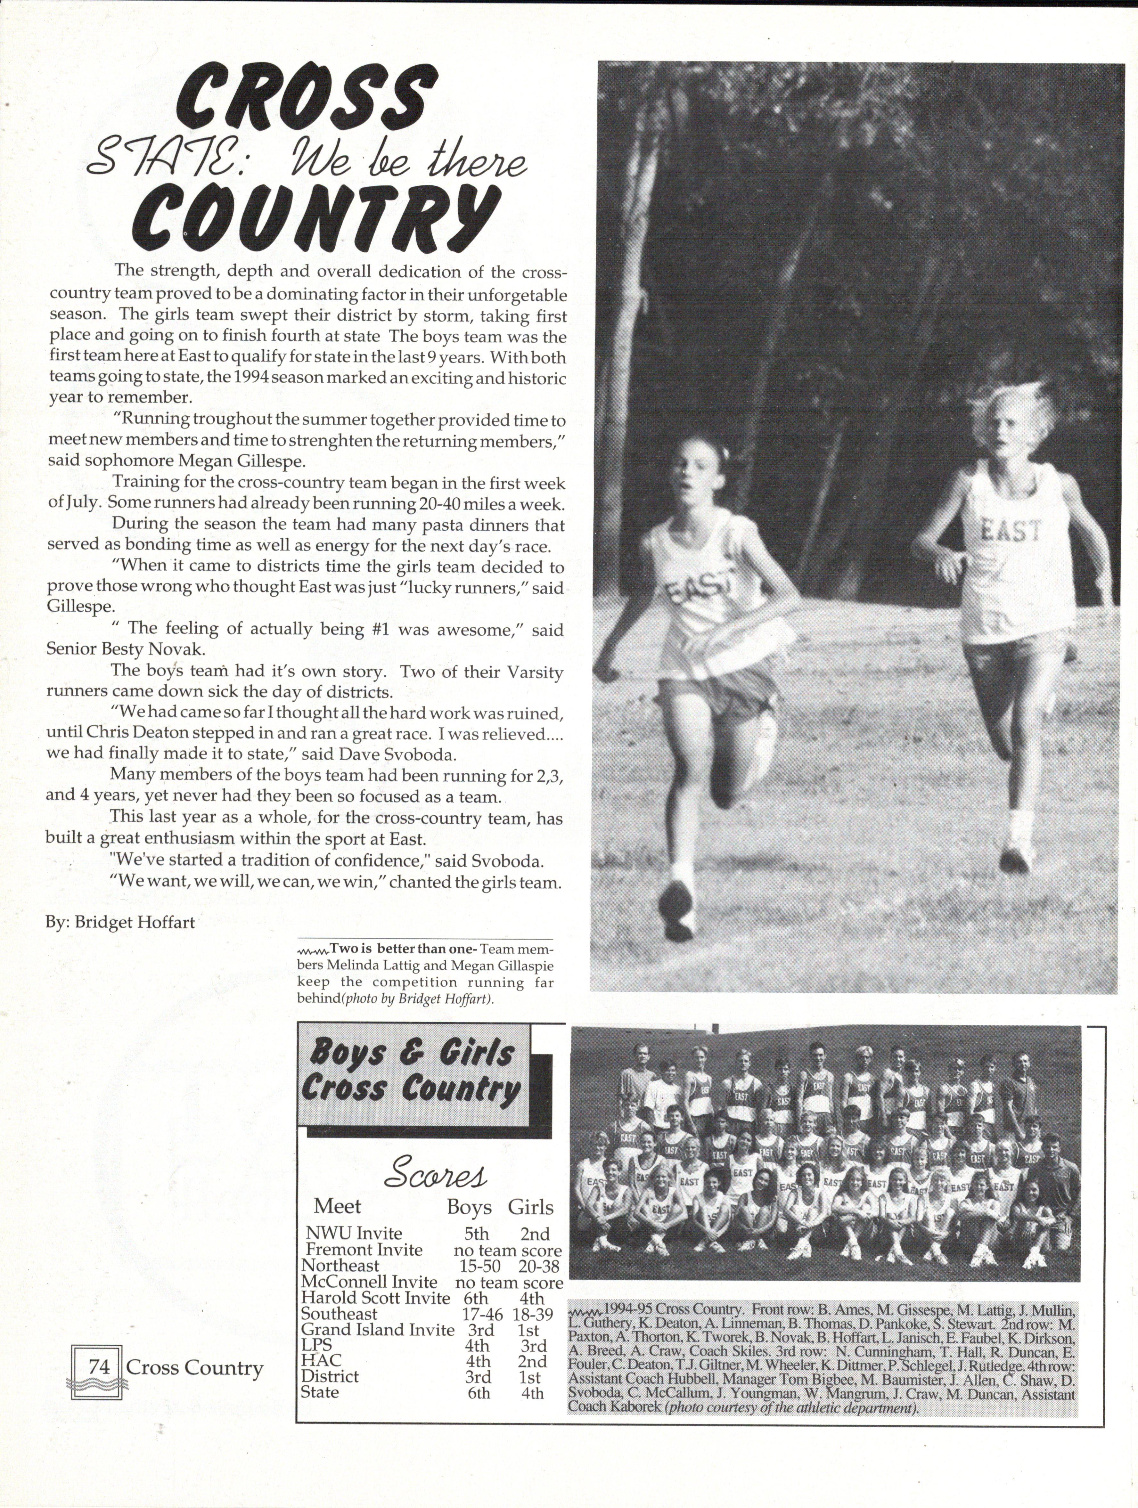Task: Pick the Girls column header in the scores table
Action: tap(530, 1207)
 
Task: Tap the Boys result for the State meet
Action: tap(479, 1393)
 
